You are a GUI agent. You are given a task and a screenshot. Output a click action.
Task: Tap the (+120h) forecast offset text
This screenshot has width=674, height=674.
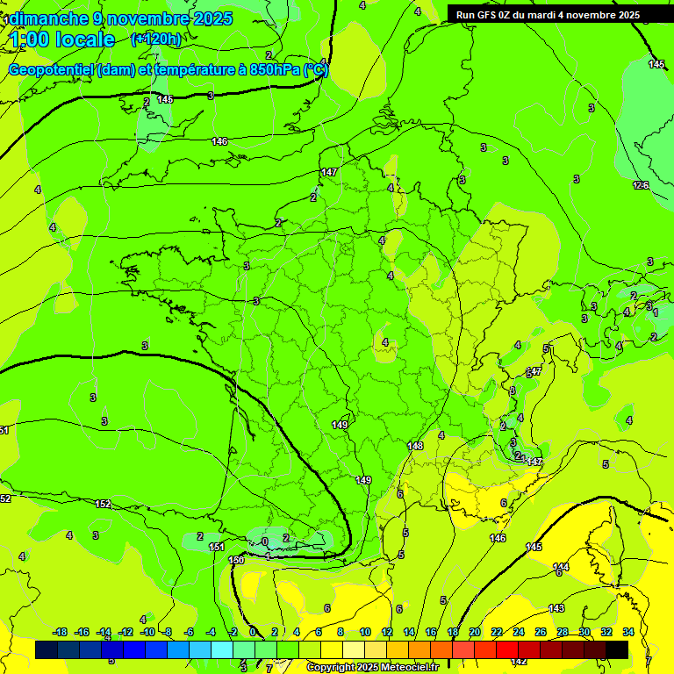(x=156, y=39)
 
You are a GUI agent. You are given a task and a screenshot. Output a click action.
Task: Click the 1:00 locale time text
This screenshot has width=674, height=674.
(x=63, y=39)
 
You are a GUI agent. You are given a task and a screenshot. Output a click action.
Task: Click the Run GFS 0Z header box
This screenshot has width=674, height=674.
(x=549, y=15)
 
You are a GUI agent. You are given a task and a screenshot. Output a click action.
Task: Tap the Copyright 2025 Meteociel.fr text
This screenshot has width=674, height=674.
(x=372, y=668)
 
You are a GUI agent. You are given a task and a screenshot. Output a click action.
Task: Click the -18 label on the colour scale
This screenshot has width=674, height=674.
(x=60, y=632)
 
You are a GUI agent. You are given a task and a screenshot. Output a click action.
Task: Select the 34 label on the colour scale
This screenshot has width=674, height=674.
(x=628, y=632)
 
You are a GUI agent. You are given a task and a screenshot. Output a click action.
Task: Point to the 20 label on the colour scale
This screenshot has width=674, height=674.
(x=475, y=632)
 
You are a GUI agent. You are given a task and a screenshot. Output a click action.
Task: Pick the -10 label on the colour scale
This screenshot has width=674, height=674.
(x=147, y=632)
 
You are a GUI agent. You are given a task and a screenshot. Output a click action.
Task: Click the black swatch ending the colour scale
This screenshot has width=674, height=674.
(x=617, y=649)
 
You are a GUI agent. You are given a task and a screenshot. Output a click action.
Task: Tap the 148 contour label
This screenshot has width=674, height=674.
(x=415, y=446)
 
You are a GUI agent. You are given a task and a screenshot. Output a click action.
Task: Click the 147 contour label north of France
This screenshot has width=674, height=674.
(x=328, y=172)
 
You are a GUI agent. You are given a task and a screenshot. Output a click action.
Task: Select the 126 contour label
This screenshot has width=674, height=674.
(x=641, y=185)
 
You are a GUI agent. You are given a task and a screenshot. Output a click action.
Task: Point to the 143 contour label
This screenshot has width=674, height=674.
(x=556, y=608)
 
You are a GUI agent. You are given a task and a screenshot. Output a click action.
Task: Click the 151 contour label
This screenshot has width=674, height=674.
(x=216, y=547)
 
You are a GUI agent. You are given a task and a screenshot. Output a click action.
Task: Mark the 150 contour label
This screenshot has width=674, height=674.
(x=236, y=560)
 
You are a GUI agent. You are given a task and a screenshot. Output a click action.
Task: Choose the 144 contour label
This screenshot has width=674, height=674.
(x=561, y=567)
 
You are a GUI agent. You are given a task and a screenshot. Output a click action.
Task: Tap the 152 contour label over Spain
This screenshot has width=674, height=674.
(x=103, y=504)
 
